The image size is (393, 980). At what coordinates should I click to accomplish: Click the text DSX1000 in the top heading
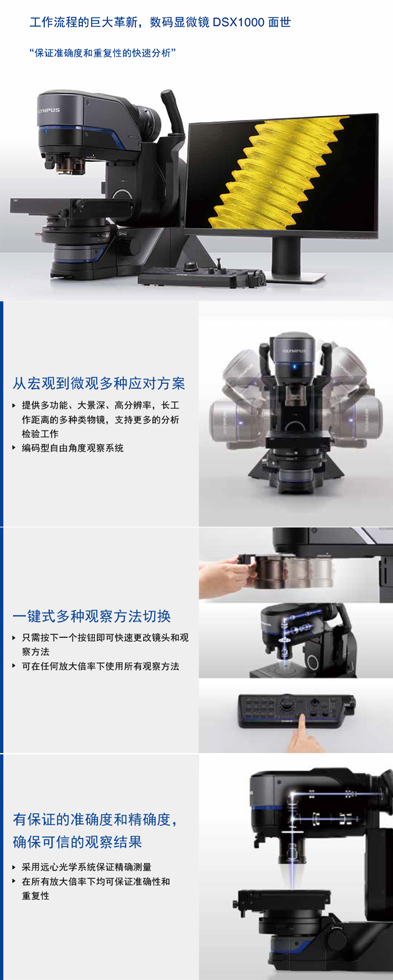coord(238,22)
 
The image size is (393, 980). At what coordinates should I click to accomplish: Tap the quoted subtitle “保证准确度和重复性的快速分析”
coord(102,54)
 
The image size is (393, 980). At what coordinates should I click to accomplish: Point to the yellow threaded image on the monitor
coord(276,172)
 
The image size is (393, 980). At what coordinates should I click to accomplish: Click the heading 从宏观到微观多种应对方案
coord(99,383)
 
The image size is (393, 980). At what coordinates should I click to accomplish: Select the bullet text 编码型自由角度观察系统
coord(72,448)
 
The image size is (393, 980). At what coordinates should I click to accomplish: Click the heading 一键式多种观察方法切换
coord(92,616)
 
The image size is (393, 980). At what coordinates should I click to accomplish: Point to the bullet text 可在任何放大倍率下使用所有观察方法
coord(100,666)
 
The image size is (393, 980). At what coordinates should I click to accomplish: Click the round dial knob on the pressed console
coord(287,704)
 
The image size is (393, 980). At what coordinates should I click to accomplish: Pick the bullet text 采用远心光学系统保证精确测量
coord(87,867)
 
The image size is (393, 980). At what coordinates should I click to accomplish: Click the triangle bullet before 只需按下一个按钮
coord(14,638)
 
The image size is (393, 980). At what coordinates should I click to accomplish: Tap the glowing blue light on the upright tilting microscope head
coord(294,366)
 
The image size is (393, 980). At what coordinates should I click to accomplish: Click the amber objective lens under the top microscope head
coord(67,166)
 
